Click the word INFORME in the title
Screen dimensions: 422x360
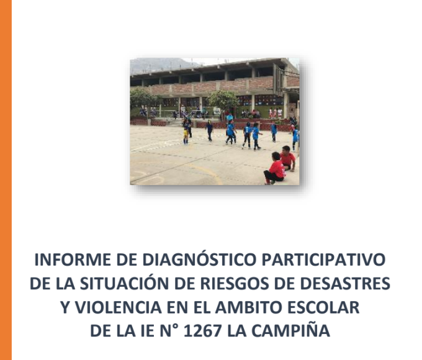point(73,260)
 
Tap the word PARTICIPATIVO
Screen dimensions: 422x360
point(323,260)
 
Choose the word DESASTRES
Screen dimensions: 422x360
point(345,283)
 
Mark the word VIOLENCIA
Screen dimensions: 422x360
point(118,307)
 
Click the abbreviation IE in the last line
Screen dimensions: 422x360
point(148,331)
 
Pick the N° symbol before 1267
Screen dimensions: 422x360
point(169,331)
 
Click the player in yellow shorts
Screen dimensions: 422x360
point(186,132)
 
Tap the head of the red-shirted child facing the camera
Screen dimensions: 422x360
point(286,150)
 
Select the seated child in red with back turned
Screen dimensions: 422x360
point(274,169)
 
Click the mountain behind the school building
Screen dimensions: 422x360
point(161,65)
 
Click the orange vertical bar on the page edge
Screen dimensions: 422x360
point(6,180)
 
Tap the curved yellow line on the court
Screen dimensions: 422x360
point(207,172)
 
